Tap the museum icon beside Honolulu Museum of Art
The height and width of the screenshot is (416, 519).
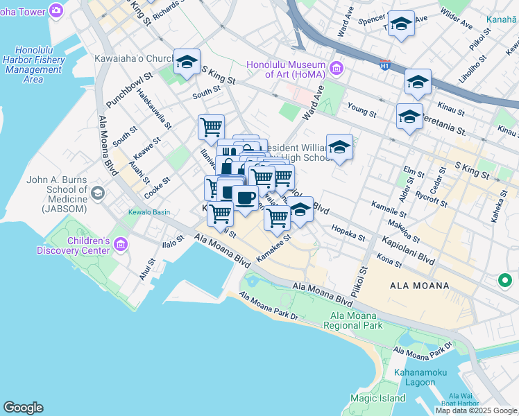[x=337, y=68]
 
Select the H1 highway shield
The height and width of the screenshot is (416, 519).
[x=384, y=66]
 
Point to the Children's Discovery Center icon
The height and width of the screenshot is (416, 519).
[x=121, y=244]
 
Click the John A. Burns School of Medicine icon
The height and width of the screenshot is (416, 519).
[x=98, y=193]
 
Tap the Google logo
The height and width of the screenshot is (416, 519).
[x=23, y=408]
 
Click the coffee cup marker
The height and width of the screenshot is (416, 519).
[x=245, y=198]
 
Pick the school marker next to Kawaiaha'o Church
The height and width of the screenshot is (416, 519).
[x=187, y=62]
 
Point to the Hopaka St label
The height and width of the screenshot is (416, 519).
[x=348, y=233]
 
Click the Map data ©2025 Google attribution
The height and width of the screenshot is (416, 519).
[x=477, y=410]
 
